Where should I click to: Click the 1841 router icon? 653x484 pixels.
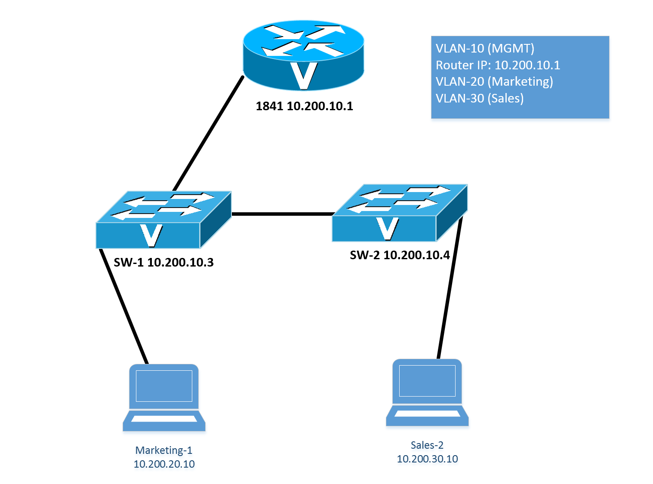(304, 55)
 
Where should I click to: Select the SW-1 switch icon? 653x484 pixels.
(163, 220)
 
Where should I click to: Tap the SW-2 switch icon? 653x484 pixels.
(399, 213)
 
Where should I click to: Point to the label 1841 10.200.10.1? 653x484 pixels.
(304, 106)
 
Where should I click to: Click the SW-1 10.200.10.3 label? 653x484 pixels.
(163, 262)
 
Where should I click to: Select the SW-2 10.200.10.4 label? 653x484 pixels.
(400, 255)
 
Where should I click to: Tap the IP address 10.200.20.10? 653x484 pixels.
(164, 464)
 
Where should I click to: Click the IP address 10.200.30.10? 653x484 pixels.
(427, 459)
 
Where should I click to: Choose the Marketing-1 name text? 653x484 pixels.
(164, 450)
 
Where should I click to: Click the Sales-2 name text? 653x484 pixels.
(427, 445)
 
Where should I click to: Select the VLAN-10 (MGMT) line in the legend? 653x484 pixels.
(485, 48)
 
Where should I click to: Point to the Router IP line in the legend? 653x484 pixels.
(498, 65)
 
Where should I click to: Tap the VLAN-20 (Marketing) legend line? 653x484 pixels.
(494, 81)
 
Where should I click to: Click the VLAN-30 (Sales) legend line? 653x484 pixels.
(480, 98)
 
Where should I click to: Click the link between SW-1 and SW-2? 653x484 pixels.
(282, 214)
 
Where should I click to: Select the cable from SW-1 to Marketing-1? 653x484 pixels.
(124, 306)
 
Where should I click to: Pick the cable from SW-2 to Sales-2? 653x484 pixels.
(450, 289)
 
